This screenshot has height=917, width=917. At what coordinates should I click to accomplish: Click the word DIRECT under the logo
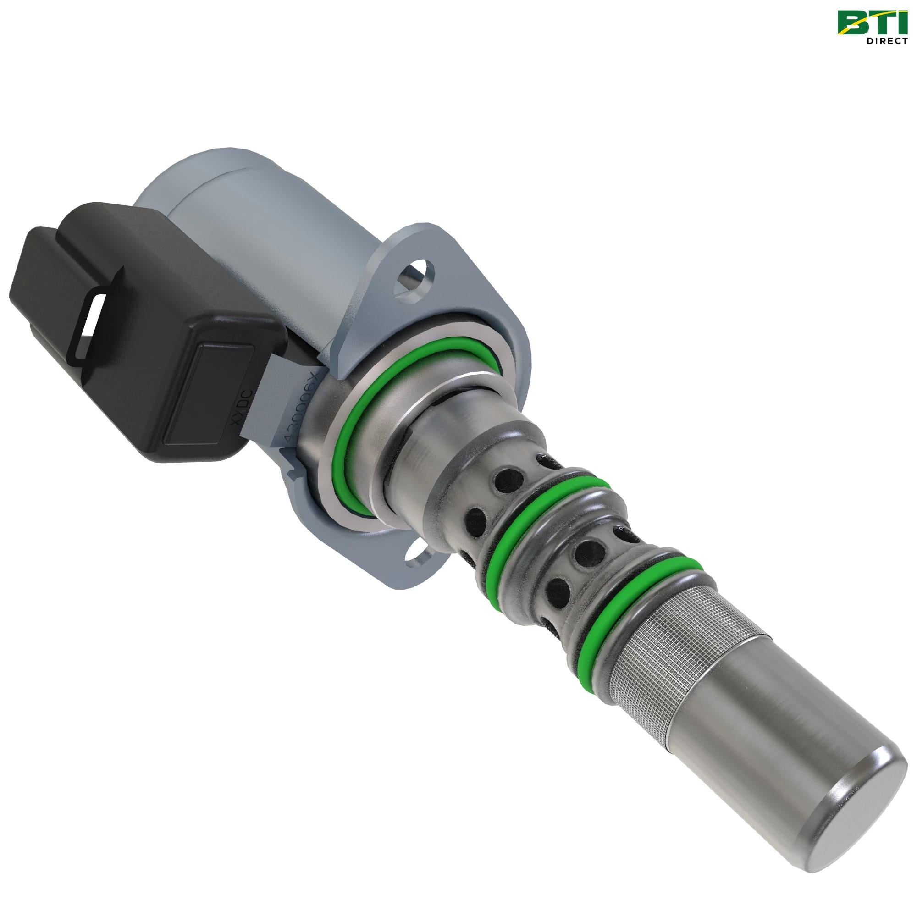click(x=887, y=41)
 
